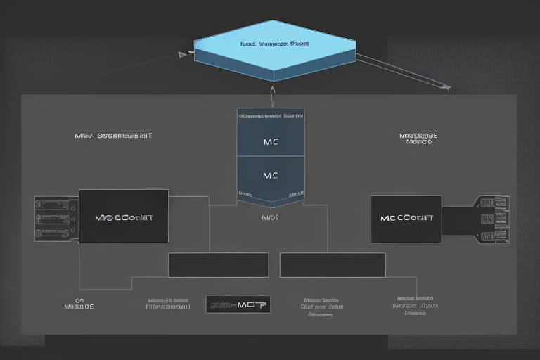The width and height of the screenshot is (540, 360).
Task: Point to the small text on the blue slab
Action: [274, 44]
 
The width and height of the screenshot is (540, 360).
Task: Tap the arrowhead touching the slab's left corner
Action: [184, 53]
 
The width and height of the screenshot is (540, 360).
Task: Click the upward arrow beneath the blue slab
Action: [271, 90]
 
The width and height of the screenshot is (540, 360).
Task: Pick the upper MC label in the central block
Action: [271, 141]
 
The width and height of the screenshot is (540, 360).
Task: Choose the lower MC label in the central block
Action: [271, 175]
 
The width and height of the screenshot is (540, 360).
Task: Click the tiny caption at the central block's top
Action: [271, 114]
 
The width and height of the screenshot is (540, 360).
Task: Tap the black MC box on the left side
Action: [123, 217]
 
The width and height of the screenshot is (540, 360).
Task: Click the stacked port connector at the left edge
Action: [56, 219]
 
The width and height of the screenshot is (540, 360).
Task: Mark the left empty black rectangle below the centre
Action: [218, 265]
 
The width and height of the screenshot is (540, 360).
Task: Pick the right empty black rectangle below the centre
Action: [333, 265]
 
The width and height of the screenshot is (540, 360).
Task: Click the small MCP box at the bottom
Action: [238, 304]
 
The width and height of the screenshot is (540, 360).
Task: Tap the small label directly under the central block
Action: [270, 218]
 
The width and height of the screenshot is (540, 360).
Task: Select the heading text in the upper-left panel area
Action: [113, 135]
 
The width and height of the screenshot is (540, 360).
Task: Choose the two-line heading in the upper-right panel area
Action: [418, 138]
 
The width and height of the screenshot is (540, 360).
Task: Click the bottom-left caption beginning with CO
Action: [79, 302]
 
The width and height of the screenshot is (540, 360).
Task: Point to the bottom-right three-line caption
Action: [416, 305]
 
